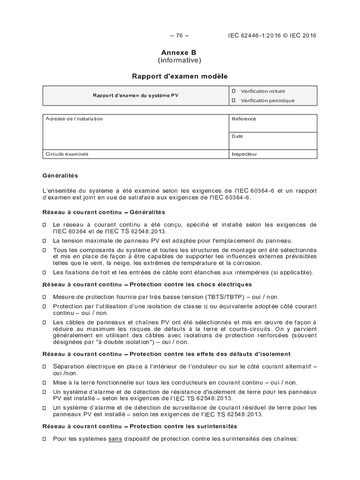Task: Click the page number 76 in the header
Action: (x=180, y=36)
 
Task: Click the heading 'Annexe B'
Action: (x=180, y=53)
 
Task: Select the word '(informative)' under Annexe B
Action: (x=180, y=60)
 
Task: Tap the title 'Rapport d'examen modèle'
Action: (x=180, y=75)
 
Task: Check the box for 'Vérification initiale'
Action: (x=233, y=91)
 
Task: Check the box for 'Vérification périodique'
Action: (x=233, y=100)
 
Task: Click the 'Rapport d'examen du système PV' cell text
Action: (x=135, y=95)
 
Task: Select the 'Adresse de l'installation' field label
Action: (x=74, y=119)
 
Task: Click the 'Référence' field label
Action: (x=244, y=119)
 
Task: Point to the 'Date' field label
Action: (x=237, y=136)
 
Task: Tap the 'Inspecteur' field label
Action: (x=244, y=154)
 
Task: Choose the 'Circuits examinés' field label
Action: (x=67, y=154)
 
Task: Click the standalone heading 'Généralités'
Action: (x=60, y=176)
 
